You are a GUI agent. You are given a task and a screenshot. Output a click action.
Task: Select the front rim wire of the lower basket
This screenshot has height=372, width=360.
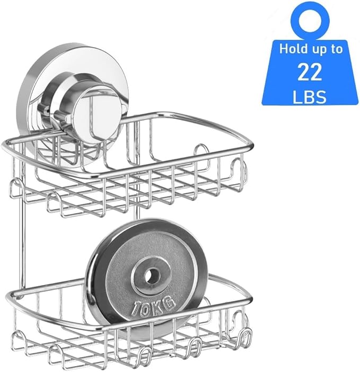[x=133, y=322]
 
